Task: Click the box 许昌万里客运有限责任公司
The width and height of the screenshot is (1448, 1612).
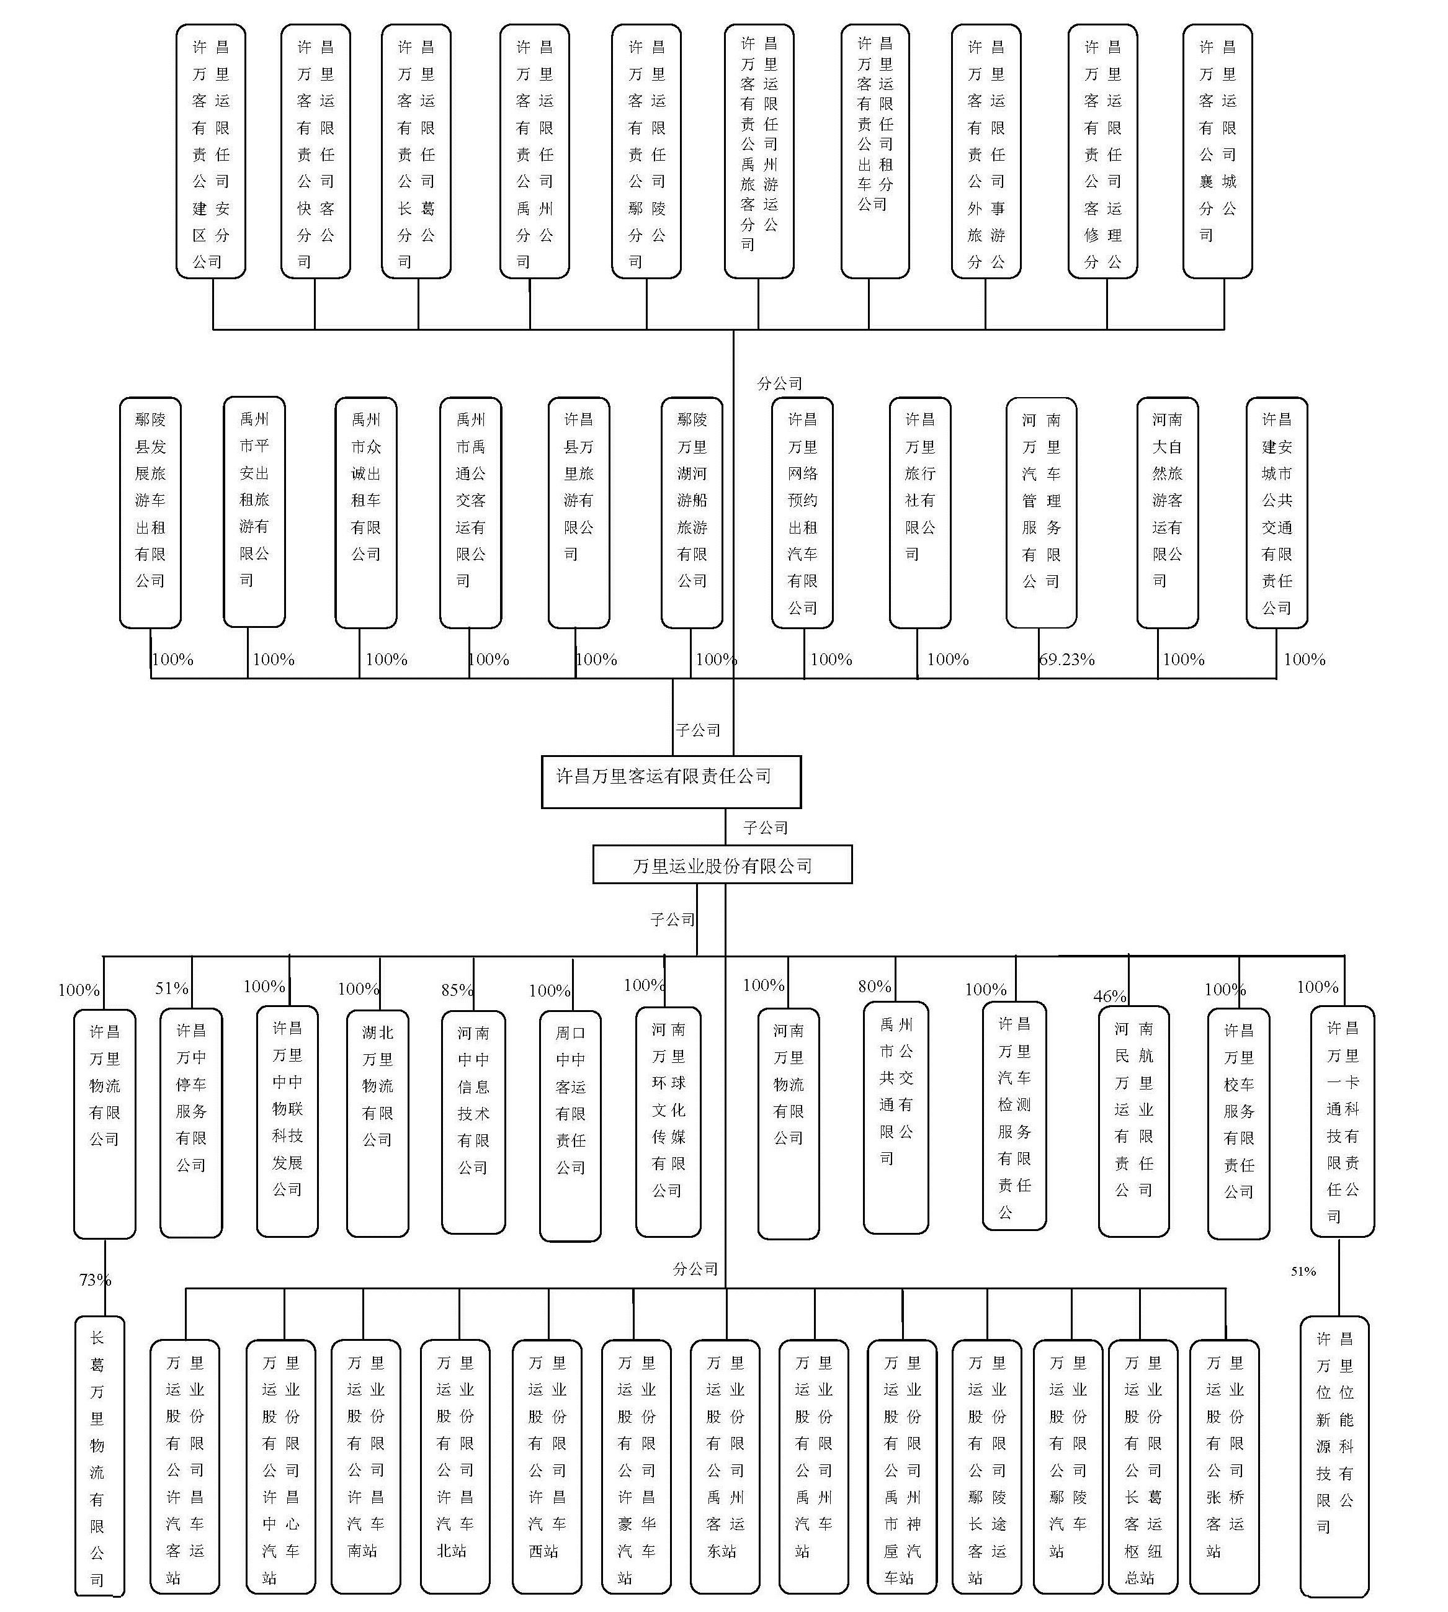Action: tap(671, 781)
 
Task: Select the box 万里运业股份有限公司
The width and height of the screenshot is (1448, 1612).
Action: tap(722, 864)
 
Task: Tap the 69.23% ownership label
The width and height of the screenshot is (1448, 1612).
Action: tap(1067, 659)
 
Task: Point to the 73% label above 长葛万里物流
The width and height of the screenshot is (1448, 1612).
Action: tap(95, 1279)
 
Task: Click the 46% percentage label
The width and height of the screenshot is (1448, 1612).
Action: tap(1110, 996)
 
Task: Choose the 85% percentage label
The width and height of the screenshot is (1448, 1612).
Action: tap(457, 990)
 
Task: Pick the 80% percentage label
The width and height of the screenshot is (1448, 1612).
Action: tap(874, 986)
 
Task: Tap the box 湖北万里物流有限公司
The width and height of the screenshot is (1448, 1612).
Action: tap(377, 1124)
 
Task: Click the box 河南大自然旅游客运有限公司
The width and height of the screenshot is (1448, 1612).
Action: tap(1167, 513)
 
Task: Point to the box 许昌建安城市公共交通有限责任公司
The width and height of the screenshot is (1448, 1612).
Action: tap(1277, 513)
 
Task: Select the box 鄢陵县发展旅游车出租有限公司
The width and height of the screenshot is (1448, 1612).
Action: tap(150, 513)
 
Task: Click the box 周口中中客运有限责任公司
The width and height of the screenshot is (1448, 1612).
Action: tap(570, 1126)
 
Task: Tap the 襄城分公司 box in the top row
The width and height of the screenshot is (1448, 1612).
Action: tap(1217, 151)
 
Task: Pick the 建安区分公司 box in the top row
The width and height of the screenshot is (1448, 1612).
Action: tap(211, 151)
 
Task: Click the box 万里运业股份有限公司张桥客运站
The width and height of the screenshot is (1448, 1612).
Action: tap(1225, 1466)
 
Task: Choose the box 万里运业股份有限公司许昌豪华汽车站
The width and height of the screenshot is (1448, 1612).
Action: tap(637, 1466)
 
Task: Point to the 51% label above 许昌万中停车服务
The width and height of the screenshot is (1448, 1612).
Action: tap(172, 988)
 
